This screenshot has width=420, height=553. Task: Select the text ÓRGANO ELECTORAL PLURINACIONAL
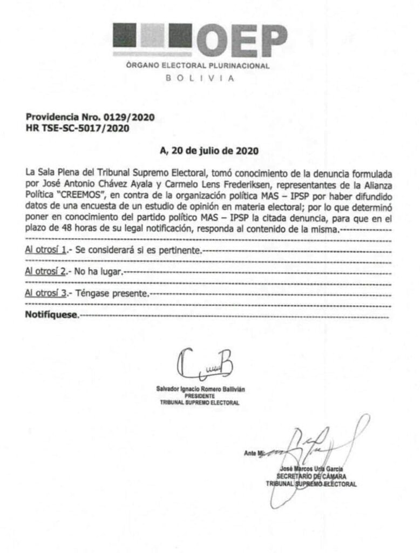[x=197, y=66]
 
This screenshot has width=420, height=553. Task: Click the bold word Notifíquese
[x=52, y=314]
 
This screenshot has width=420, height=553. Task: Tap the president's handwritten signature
[x=204, y=365]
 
